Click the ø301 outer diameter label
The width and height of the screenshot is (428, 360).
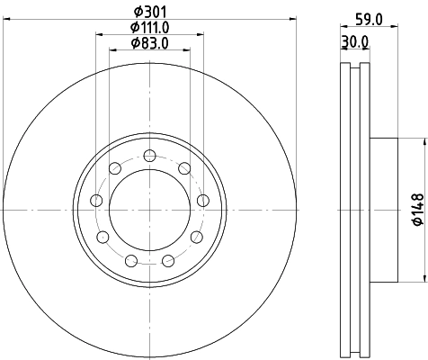(148, 13)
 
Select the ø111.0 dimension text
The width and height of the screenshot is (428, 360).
(148, 28)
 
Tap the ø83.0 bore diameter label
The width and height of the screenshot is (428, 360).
(148, 43)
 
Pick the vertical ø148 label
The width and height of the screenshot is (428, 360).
(416, 209)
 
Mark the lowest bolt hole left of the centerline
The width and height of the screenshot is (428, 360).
(131, 261)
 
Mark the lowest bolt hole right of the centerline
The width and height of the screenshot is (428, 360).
(166, 261)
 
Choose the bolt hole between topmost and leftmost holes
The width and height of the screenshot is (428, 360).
(115, 167)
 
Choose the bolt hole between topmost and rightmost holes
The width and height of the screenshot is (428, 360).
(184, 167)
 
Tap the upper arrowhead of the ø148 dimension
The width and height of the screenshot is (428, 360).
(423, 142)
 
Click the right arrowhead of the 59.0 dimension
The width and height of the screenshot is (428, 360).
(392, 28)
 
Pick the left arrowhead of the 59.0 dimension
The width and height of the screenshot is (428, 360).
(343, 28)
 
